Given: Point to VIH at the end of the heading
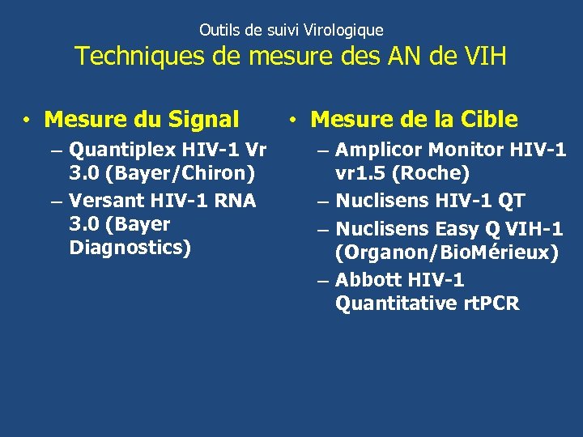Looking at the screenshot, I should coord(483,57).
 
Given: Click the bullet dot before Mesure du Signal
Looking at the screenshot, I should coord(27,121).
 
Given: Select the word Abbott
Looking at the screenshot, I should coord(367,280).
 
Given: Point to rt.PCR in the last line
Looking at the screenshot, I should coord(491,304).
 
